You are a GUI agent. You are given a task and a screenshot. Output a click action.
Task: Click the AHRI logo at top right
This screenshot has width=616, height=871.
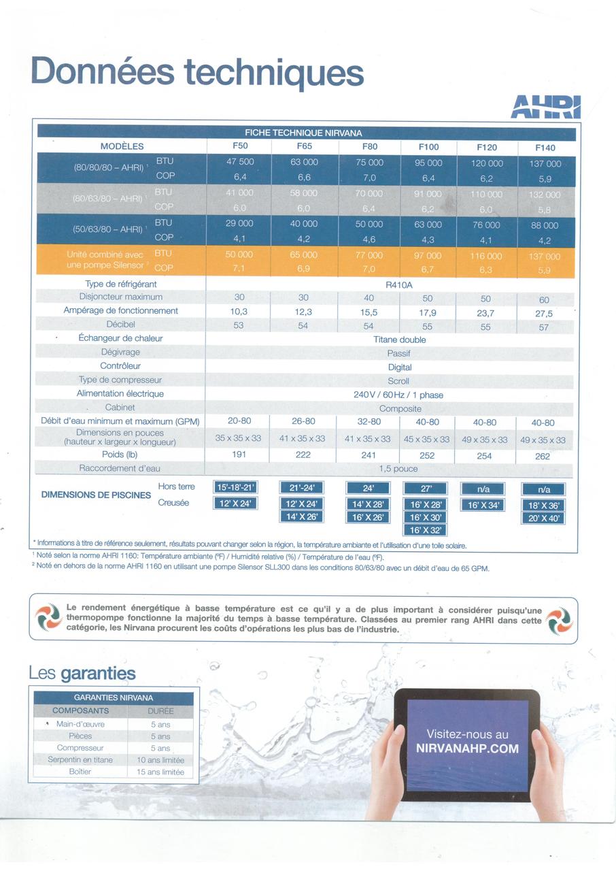[x=546, y=108]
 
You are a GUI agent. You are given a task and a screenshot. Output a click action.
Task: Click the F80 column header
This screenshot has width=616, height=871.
[x=370, y=146]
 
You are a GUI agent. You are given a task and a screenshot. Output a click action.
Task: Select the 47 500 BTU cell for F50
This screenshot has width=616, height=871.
[x=239, y=163]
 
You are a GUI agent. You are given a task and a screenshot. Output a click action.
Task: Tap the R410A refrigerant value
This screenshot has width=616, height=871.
[x=398, y=284]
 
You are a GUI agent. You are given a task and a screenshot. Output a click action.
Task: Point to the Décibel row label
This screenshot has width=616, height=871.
[x=120, y=325]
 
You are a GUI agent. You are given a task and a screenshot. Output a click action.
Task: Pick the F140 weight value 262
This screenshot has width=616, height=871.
[x=542, y=456]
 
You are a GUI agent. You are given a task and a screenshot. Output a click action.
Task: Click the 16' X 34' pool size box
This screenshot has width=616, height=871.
[x=483, y=505]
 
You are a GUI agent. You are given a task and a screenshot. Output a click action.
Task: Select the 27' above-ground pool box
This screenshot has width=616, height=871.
[x=425, y=489]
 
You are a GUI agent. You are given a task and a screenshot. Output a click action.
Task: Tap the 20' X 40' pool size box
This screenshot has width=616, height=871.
[x=544, y=519]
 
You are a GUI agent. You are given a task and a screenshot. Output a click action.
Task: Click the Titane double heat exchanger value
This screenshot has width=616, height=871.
[x=399, y=340]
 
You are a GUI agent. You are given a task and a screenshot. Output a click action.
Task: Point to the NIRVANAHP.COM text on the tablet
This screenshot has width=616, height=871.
[x=466, y=749]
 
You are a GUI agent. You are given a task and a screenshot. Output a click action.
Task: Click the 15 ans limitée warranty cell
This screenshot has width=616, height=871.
[x=160, y=772]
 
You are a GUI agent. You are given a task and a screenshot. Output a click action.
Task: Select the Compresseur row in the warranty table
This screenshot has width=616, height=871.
[x=80, y=748]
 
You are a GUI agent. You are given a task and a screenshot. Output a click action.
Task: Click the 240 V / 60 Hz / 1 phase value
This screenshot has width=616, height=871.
[x=399, y=395]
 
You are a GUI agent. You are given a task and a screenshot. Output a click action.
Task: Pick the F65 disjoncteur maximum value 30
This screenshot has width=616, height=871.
[x=303, y=297]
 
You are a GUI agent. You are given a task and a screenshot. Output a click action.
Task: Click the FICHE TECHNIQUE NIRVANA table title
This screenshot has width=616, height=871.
[x=303, y=133]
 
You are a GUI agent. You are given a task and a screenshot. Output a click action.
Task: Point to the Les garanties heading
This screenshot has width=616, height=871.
[x=82, y=674]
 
